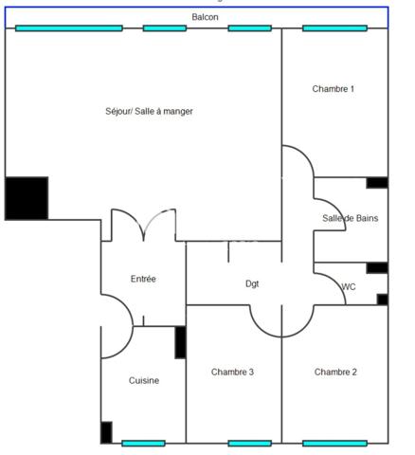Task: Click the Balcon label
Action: pos(205,17)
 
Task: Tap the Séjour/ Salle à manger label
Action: pos(149,111)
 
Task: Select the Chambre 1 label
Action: pos(334,89)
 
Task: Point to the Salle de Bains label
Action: pos(351,218)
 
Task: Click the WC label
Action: pos(349,287)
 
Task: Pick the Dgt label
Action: pos(252,283)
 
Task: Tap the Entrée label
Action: pos(143,279)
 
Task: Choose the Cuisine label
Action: pos(144,380)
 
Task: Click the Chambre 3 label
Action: pos(232,372)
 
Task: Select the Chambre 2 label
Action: pos(335,372)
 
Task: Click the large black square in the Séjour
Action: pos(27,198)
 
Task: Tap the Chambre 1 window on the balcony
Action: pos(334,28)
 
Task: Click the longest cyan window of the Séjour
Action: pos(69,28)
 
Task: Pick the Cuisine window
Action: pos(143,444)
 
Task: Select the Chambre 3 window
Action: pos(250,444)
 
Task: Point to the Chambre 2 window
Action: pos(334,444)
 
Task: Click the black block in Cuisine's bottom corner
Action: pos(106,432)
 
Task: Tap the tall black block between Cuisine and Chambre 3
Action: pos(180,342)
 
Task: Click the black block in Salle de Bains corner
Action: pos(377,183)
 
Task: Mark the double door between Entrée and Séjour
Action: pos(144,225)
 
